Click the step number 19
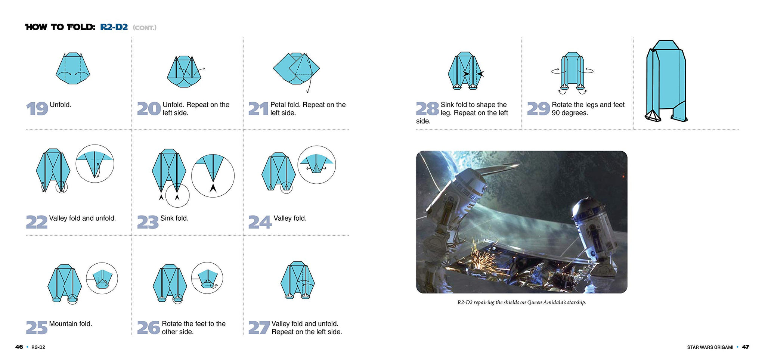37,109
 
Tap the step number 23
148,222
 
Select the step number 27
259,328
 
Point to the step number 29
538,109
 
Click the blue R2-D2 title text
114,27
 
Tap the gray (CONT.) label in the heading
145,28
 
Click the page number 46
19,347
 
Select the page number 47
745,347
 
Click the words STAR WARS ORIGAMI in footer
710,347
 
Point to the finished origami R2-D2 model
666,81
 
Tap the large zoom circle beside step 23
213,176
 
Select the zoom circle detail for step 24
317,165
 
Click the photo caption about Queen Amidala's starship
521,302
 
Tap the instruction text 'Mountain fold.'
70,324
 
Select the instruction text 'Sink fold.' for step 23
174,218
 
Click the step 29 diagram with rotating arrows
572,73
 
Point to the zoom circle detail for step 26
207,278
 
